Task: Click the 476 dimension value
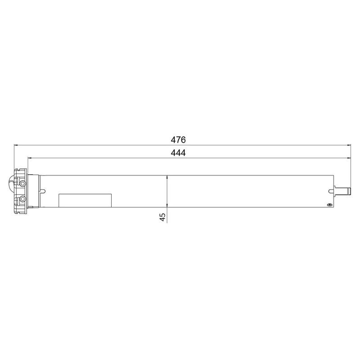tap(178, 139)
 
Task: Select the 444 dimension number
tap(178, 153)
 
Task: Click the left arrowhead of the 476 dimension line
tap(17, 145)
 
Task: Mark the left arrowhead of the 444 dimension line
tap(31, 158)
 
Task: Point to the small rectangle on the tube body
tap(85, 200)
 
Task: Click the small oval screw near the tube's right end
tap(330, 205)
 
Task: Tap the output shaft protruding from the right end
tap(342, 191)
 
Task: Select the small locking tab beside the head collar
tap(42, 191)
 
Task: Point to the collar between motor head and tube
tap(33, 191)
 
